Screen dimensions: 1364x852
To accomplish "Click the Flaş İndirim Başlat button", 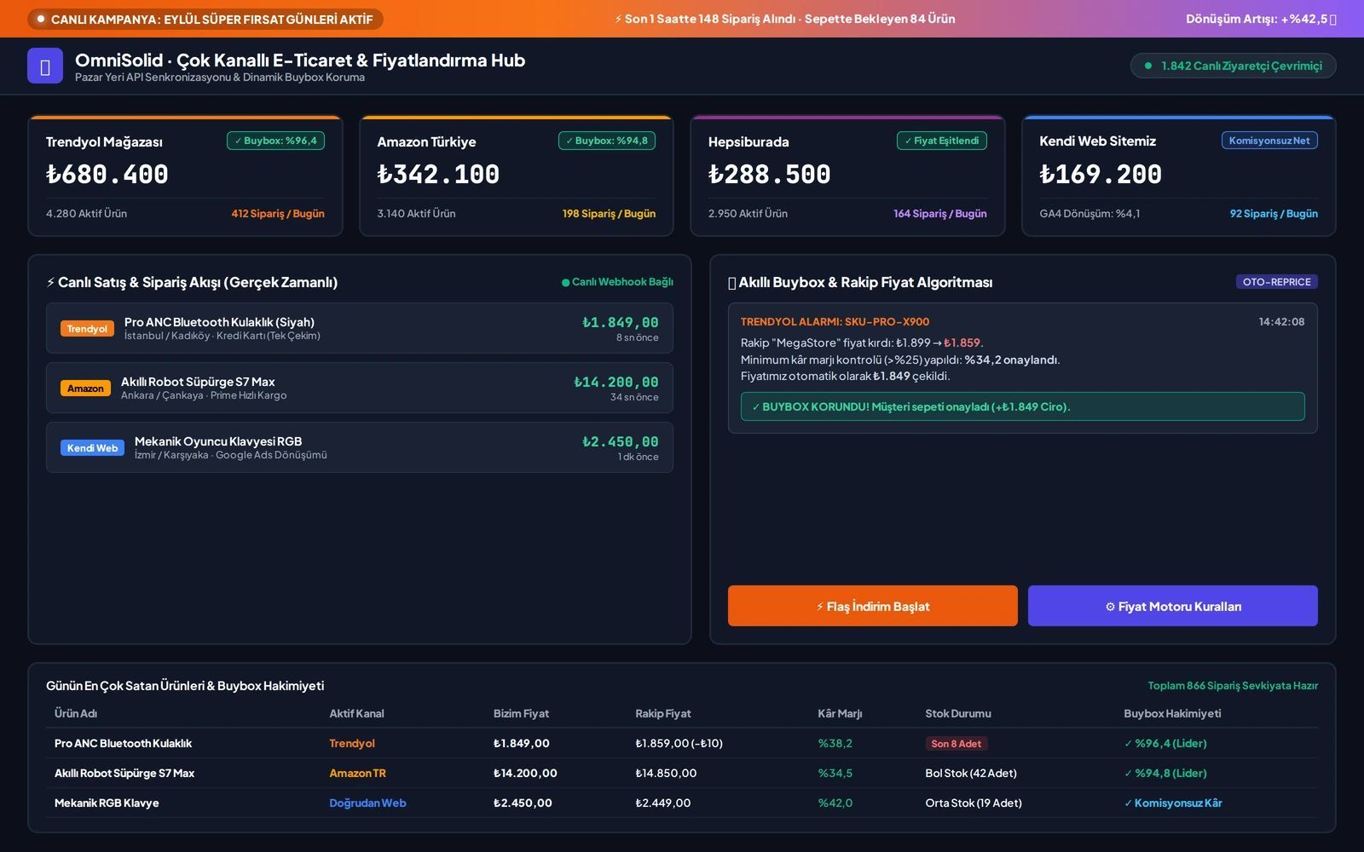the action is (872, 606).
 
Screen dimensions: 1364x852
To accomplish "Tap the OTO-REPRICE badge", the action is (1276, 282).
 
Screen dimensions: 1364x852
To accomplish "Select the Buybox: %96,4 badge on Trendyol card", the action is (275, 141).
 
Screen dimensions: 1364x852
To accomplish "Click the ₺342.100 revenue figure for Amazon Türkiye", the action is (438, 175).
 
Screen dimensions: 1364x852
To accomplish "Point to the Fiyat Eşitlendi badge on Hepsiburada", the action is (941, 141).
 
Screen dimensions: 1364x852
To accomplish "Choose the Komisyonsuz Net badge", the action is (1269, 141).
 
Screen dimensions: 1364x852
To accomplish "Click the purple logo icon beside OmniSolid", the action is (45, 66).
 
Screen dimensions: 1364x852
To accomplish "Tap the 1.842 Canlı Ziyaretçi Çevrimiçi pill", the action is (1233, 66).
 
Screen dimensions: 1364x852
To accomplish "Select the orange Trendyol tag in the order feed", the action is (87, 329).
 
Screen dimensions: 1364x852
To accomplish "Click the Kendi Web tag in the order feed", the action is (93, 448).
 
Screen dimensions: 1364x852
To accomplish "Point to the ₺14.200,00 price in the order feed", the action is (616, 382).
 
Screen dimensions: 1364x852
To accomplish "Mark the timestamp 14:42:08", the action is (1281, 321).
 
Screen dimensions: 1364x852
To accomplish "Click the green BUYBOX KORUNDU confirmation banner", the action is (1022, 406).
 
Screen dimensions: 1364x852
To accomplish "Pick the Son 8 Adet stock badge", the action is (956, 743).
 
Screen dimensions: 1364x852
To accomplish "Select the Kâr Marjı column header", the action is (840, 713).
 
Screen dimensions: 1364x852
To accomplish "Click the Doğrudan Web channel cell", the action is (367, 803).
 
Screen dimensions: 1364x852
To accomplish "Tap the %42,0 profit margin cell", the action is (835, 803).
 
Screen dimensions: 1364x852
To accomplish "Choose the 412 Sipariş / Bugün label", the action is (278, 214).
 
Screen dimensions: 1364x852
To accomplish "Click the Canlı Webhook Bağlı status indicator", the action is (617, 282).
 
